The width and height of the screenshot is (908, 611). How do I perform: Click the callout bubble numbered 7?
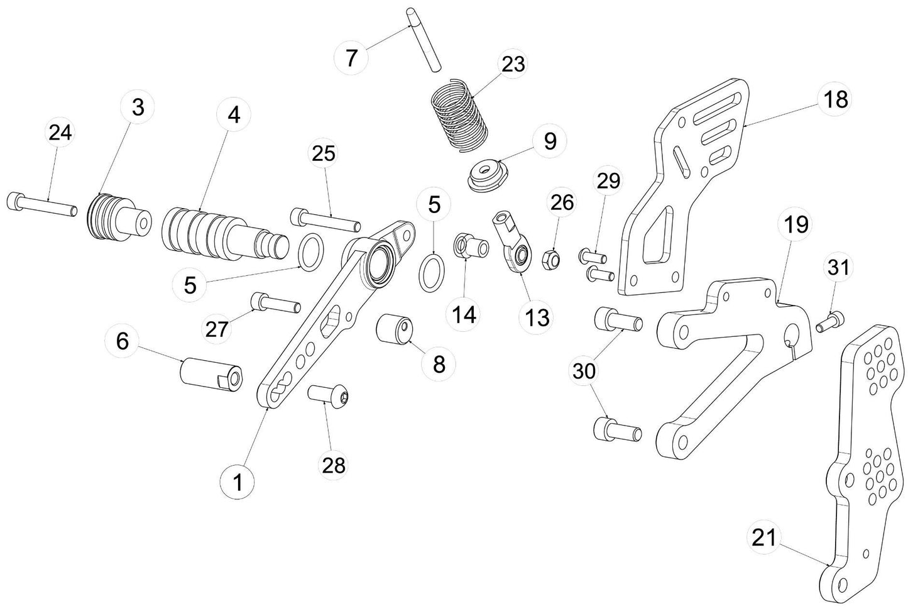(352, 58)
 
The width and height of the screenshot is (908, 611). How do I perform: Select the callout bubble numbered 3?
(138, 107)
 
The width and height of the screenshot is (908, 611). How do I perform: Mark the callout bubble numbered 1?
(238, 483)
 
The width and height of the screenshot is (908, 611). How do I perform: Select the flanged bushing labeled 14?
(471, 246)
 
